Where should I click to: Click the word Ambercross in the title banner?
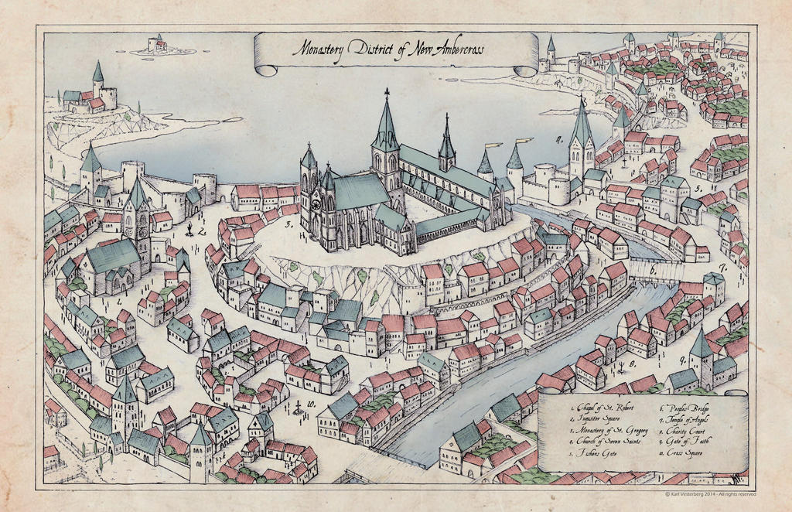tap(452, 49)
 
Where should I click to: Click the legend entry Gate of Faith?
tap(688, 440)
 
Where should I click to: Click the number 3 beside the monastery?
tap(288, 225)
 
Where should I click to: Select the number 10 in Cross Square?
tap(310, 404)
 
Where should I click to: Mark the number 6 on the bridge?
tap(652, 271)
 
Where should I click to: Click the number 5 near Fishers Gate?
tap(698, 188)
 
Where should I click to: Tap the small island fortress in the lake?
tap(158, 44)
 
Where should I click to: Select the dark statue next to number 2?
tap(189, 228)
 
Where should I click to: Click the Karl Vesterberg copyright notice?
tap(710, 493)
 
